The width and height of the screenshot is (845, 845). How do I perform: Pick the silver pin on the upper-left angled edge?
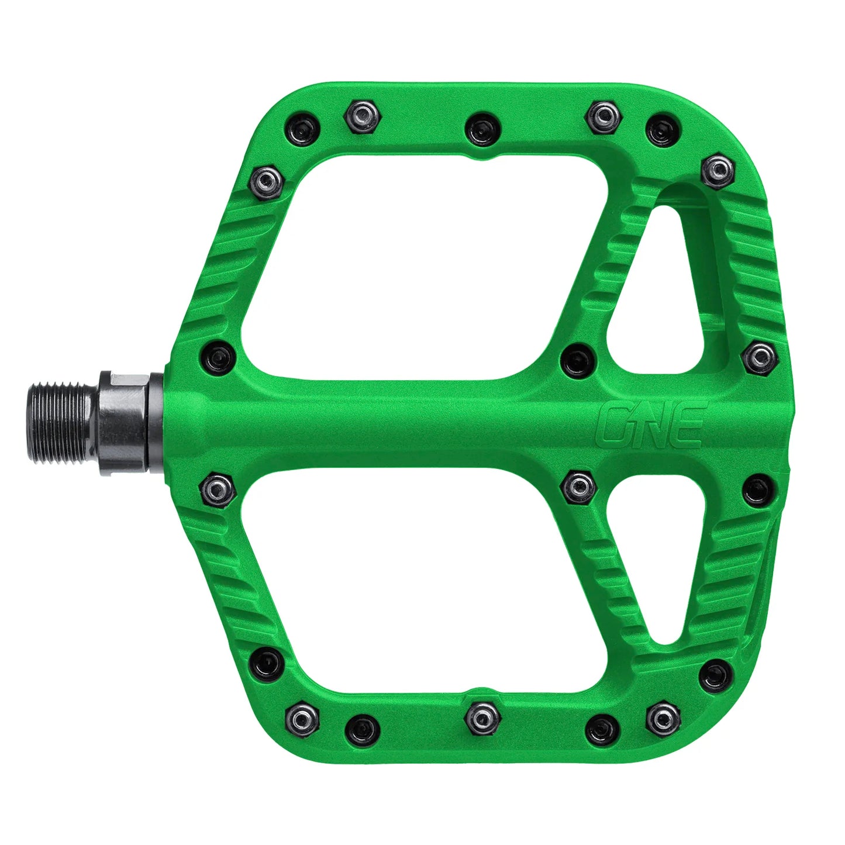(x=267, y=180)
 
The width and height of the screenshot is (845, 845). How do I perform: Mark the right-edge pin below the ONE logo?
(x=759, y=491)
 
